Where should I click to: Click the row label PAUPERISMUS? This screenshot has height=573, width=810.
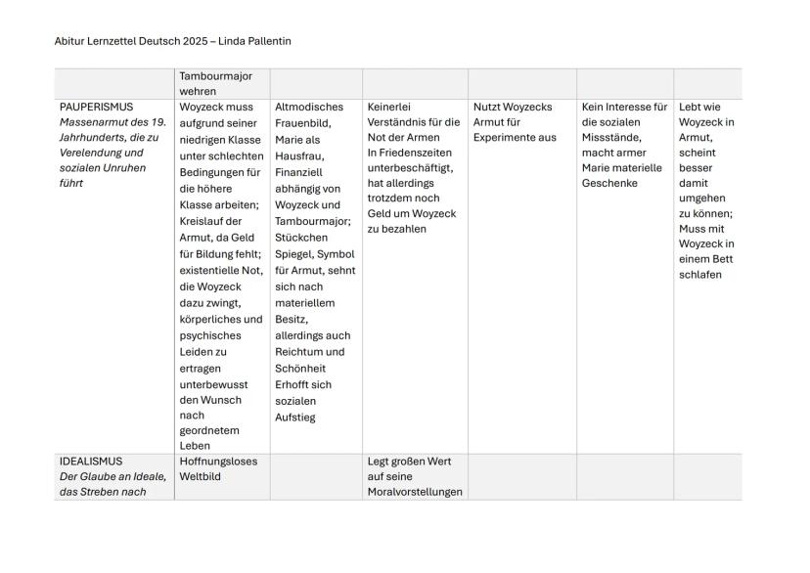click(97, 107)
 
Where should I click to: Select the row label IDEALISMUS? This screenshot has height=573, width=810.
click(91, 461)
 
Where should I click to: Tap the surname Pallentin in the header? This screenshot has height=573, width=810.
click(263, 41)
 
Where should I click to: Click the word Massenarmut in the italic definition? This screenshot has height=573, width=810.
click(95, 122)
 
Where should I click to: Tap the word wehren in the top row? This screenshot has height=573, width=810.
click(198, 91)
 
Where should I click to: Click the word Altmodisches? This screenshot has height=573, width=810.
click(309, 107)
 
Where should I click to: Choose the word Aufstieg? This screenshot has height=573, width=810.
click(295, 418)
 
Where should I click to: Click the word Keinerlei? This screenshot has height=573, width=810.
click(392, 107)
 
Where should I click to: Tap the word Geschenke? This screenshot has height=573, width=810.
click(609, 183)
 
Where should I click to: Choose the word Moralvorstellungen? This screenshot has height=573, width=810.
click(415, 491)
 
